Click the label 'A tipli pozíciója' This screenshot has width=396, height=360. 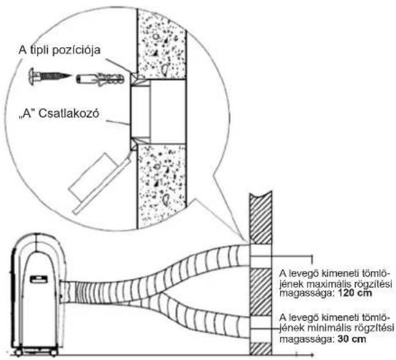click(59, 50)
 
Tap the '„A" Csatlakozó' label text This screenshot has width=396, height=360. click(59, 114)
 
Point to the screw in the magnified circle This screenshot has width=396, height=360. click(50, 76)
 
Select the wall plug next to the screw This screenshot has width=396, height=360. click(100, 79)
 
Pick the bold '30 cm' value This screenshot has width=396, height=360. click(351, 339)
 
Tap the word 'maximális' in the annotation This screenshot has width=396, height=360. click(327, 284)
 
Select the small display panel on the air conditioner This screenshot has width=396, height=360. click(38, 279)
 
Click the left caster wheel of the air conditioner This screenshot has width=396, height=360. click(18, 352)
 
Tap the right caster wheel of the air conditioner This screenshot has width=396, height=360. click(54, 352)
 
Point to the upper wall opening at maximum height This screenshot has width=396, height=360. click(260, 256)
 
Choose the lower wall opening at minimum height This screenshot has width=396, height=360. click(260, 329)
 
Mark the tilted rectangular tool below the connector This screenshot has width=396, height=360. click(101, 183)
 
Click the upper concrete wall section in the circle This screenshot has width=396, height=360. click(162, 44)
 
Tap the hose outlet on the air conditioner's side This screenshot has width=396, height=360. click(67, 292)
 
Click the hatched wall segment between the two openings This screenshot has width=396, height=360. click(260, 292)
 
